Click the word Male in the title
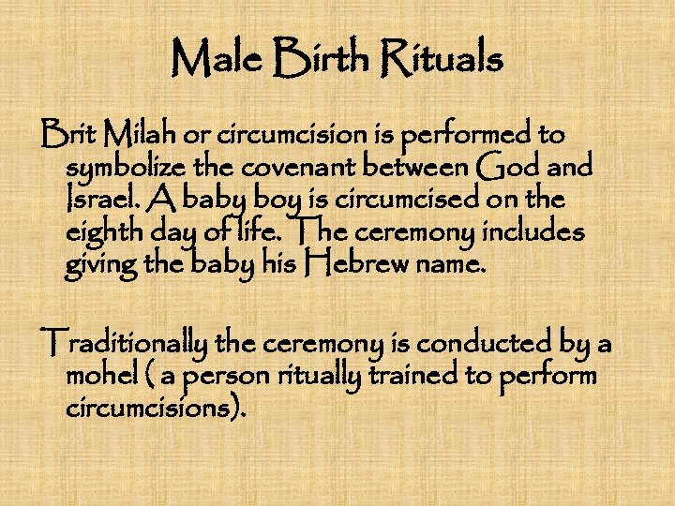click(x=214, y=61)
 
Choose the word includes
click(x=537, y=232)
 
